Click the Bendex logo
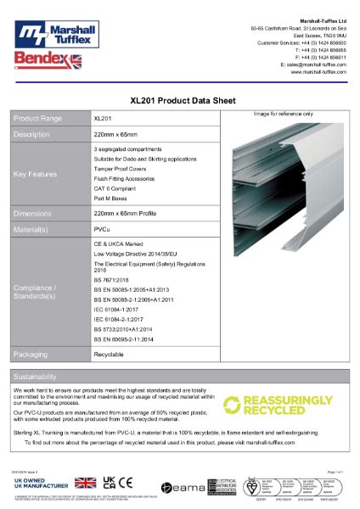point(43,59)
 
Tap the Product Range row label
point(39,119)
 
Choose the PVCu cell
point(101,229)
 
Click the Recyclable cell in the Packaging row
point(110,353)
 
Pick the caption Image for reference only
point(283,114)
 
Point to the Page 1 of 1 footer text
point(338,469)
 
